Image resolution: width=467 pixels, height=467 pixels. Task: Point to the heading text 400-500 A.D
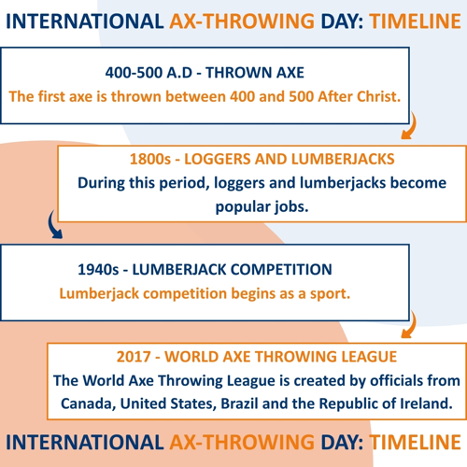tap(149, 73)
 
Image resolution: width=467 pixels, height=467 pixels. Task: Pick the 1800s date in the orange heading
tap(150, 159)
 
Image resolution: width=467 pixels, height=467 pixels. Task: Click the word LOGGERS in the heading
tap(217, 159)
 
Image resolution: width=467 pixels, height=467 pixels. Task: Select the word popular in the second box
tap(238, 207)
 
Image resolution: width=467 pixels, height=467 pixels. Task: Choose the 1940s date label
tap(98, 270)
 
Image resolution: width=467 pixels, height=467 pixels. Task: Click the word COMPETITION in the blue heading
tap(281, 270)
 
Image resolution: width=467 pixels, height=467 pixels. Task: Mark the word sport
tap(330, 294)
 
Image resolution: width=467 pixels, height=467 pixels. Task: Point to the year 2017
tap(134, 357)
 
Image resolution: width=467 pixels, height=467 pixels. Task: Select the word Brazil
tap(239, 403)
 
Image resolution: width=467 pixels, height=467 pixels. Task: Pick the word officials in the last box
tap(396, 381)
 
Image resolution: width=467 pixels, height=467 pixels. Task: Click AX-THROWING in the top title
tap(242, 21)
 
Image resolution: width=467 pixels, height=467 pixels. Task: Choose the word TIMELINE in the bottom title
tap(415, 442)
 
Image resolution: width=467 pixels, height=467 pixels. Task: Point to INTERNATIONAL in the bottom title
tap(85, 442)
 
